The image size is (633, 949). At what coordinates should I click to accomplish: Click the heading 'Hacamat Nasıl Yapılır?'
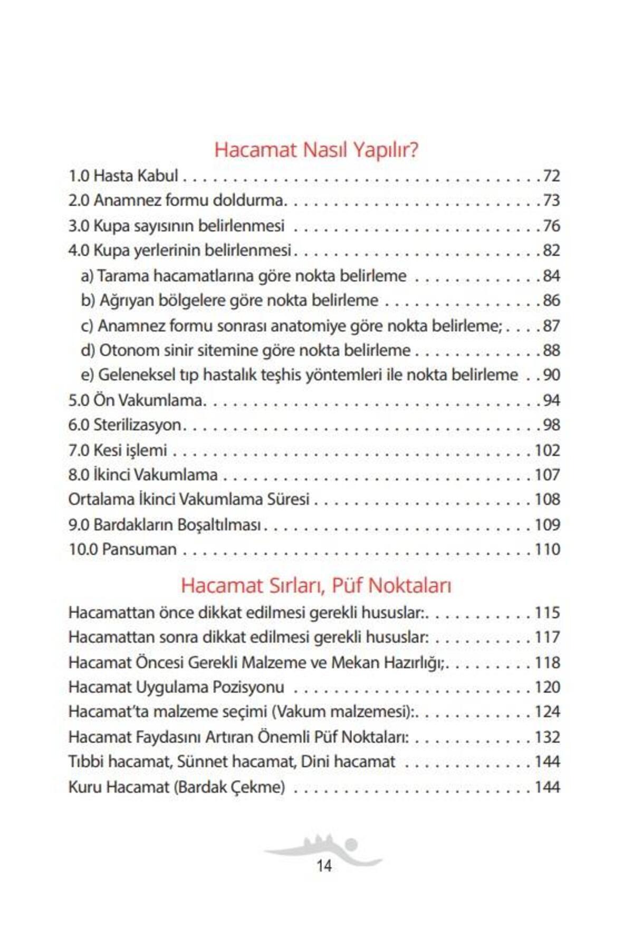pyautogui.click(x=316, y=150)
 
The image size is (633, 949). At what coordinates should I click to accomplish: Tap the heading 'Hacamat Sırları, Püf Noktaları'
pyautogui.click(x=316, y=585)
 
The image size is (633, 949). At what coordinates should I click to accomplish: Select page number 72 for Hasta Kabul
pyautogui.click(x=551, y=176)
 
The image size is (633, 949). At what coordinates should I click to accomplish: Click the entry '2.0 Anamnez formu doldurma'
pyautogui.click(x=177, y=200)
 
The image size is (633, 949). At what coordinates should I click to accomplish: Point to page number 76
pyautogui.click(x=551, y=226)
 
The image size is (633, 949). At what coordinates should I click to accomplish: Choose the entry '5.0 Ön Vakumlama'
pyautogui.click(x=136, y=400)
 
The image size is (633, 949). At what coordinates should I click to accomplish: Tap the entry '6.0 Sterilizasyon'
pyautogui.click(x=125, y=425)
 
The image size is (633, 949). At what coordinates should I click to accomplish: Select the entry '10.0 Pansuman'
pyautogui.click(x=122, y=549)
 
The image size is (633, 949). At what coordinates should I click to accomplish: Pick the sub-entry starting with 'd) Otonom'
pyautogui.click(x=245, y=350)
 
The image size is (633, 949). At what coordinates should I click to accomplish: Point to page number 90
pyautogui.click(x=551, y=375)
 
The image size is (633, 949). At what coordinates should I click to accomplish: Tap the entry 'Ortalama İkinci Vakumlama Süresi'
pyautogui.click(x=189, y=499)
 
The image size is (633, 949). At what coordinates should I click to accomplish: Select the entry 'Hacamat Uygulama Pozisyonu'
pyautogui.click(x=176, y=687)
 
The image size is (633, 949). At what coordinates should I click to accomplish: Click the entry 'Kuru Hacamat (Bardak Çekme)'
pyautogui.click(x=177, y=787)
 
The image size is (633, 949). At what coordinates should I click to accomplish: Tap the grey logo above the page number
pyautogui.click(x=323, y=848)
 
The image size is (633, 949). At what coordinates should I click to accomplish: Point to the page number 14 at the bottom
pyautogui.click(x=324, y=866)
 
